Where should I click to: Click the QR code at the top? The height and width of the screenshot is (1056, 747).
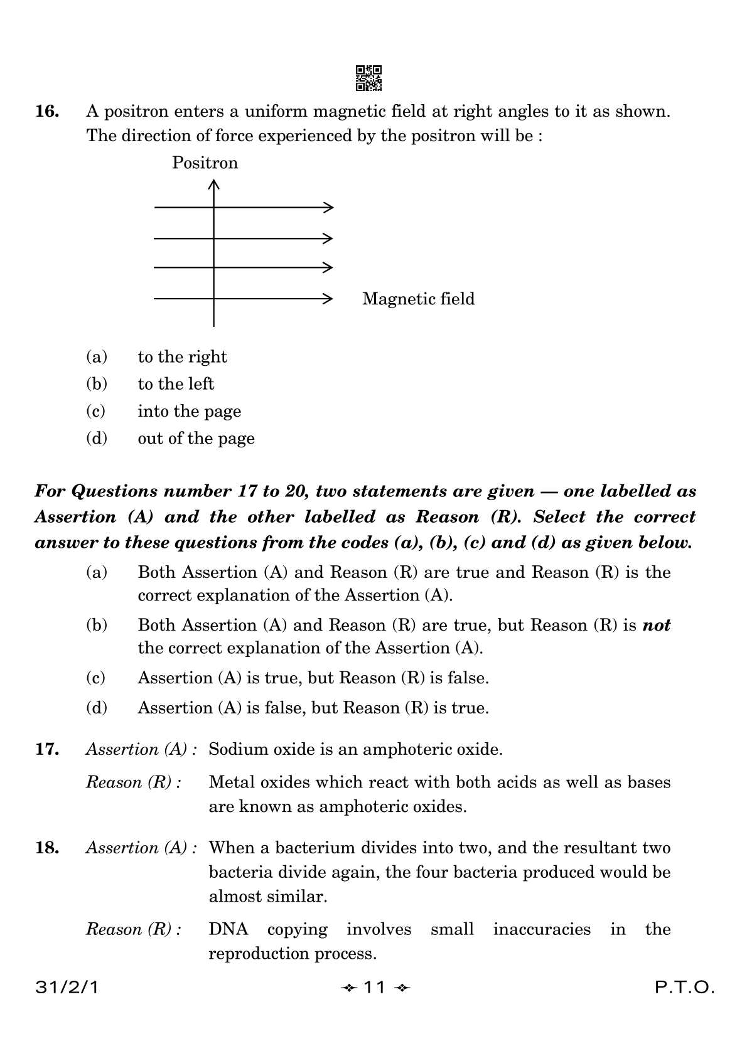point(368,78)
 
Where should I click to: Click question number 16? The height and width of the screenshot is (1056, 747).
point(48,112)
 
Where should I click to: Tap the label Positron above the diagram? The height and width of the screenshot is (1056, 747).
point(205,163)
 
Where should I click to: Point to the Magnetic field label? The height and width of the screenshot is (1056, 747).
point(418,299)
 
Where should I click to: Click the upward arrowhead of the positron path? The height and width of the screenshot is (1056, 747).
point(214,184)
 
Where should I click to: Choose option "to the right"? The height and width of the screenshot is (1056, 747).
point(182,357)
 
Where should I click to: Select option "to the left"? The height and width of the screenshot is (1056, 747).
point(176,384)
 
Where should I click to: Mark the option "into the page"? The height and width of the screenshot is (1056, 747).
point(189,412)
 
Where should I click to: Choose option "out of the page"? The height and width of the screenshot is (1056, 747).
point(196,439)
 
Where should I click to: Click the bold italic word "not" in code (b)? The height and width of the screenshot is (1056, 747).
point(656,626)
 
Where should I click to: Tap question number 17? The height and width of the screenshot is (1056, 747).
point(48,749)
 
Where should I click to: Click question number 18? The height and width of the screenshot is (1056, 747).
point(48,848)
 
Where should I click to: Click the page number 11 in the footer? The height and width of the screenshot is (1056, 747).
point(374,988)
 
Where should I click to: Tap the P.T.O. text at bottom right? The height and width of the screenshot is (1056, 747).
point(685,988)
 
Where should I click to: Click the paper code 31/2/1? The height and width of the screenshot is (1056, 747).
point(67,988)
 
